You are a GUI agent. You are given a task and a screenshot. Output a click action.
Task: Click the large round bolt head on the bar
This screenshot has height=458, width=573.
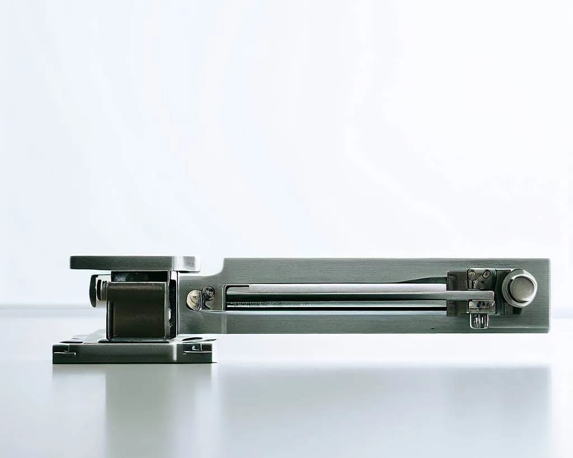click(519, 287)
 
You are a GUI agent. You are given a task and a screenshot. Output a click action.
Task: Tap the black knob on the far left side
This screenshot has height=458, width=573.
click(92, 291)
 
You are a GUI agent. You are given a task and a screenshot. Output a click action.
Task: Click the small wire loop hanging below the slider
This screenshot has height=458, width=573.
click(478, 320)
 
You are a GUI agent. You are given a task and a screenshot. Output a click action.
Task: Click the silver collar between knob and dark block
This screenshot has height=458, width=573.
click(102, 290)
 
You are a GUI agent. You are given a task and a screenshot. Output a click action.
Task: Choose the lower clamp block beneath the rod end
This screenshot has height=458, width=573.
click(481, 306)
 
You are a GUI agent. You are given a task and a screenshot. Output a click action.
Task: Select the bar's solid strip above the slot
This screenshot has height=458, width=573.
click(336, 270)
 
